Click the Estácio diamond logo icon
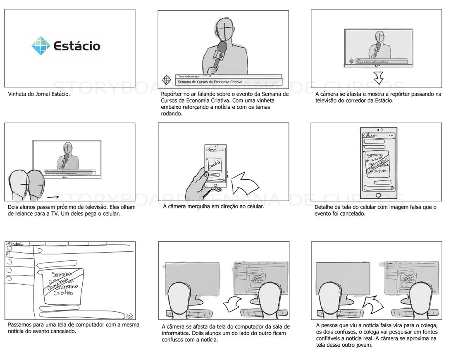click(x=41, y=46)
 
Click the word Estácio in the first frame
click(x=77, y=46)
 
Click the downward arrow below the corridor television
click(x=378, y=77)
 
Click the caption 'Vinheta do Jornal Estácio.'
click(x=39, y=94)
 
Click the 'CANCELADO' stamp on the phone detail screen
click(x=377, y=163)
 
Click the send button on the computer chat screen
click(x=129, y=316)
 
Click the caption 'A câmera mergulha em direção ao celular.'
click(x=213, y=206)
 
